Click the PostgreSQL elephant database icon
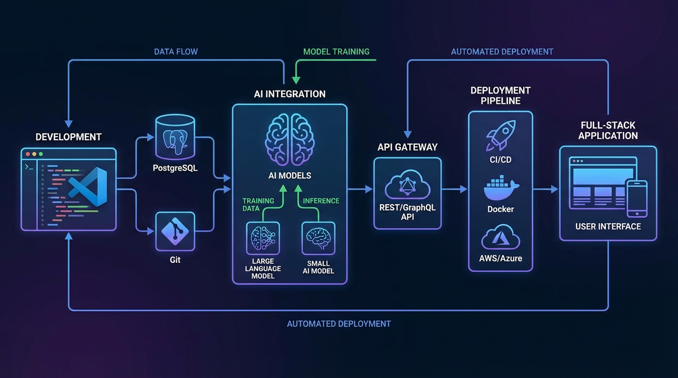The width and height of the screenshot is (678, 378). pyautogui.click(x=174, y=137)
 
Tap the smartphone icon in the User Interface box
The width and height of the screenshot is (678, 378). pyautogui.click(x=636, y=198)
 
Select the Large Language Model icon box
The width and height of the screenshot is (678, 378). pyautogui.click(x=263, y=238)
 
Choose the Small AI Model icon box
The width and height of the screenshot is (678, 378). pyautogui.click(x=318, y=238)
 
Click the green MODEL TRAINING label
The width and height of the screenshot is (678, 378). pyautogui.click(x=336, y=52)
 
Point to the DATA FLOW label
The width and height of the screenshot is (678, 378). pyautogui.click(x=176, y=52)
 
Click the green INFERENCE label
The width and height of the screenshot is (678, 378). pyautogui.click(x=321, y=201)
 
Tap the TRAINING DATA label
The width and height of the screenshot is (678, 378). pyautogui.click(x=258, y=204)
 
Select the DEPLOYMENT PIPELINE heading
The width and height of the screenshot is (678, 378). pyautogui.click(x=500, y=95)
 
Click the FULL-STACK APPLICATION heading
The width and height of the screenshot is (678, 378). pyautogui.click(x=608, y=130)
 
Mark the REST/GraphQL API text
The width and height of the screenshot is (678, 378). pyautogui.click(x=407, y=212)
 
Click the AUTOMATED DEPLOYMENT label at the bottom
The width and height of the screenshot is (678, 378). pyautogui.click(x=339, y=324)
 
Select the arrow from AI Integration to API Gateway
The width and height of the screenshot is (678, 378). pyautogui.click(x=360, y=189)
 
